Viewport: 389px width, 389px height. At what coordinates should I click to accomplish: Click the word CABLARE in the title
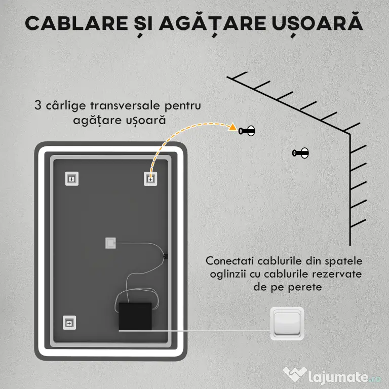click(76, 23)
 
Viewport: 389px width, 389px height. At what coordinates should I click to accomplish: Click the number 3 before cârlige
click(37, 105)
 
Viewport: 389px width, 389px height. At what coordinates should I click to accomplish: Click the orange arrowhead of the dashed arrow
click(232, 127)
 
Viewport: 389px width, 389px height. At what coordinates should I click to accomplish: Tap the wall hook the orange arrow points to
click(247, 131)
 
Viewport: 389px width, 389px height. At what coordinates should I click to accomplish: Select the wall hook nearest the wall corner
click(300, 153)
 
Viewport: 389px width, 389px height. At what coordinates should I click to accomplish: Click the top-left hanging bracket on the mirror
click(72, 179)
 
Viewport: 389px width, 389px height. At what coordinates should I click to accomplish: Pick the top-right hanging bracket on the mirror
click(150, 179)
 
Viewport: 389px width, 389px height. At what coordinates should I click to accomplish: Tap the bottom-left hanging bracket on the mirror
click(69, 323)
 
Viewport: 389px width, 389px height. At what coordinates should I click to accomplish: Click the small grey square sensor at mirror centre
click(110, 243)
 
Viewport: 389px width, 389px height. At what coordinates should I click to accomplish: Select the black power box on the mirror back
click(135, 317)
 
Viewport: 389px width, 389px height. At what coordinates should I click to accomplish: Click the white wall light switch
click(287, 324)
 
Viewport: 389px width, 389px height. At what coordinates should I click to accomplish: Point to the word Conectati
click(229, 261)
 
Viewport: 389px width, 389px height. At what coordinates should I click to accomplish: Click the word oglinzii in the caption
click(228, 275)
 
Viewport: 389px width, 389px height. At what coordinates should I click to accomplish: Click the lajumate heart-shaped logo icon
click(294, 374)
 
